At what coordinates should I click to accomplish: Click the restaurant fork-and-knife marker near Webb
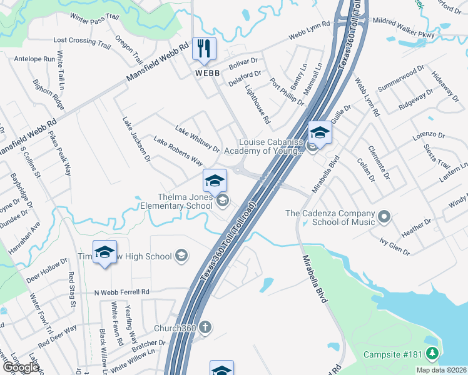203,49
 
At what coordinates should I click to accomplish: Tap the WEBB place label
208,73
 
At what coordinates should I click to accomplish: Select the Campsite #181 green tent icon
432,354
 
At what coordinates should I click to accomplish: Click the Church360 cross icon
204,327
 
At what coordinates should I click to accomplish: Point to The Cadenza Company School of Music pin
384,217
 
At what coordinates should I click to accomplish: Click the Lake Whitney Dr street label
197,140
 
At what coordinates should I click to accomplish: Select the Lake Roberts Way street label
178,152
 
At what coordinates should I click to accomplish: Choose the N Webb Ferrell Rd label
122,292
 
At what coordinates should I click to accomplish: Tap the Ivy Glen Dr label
394,246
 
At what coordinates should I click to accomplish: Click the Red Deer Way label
57,336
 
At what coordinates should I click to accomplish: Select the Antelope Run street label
34,59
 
